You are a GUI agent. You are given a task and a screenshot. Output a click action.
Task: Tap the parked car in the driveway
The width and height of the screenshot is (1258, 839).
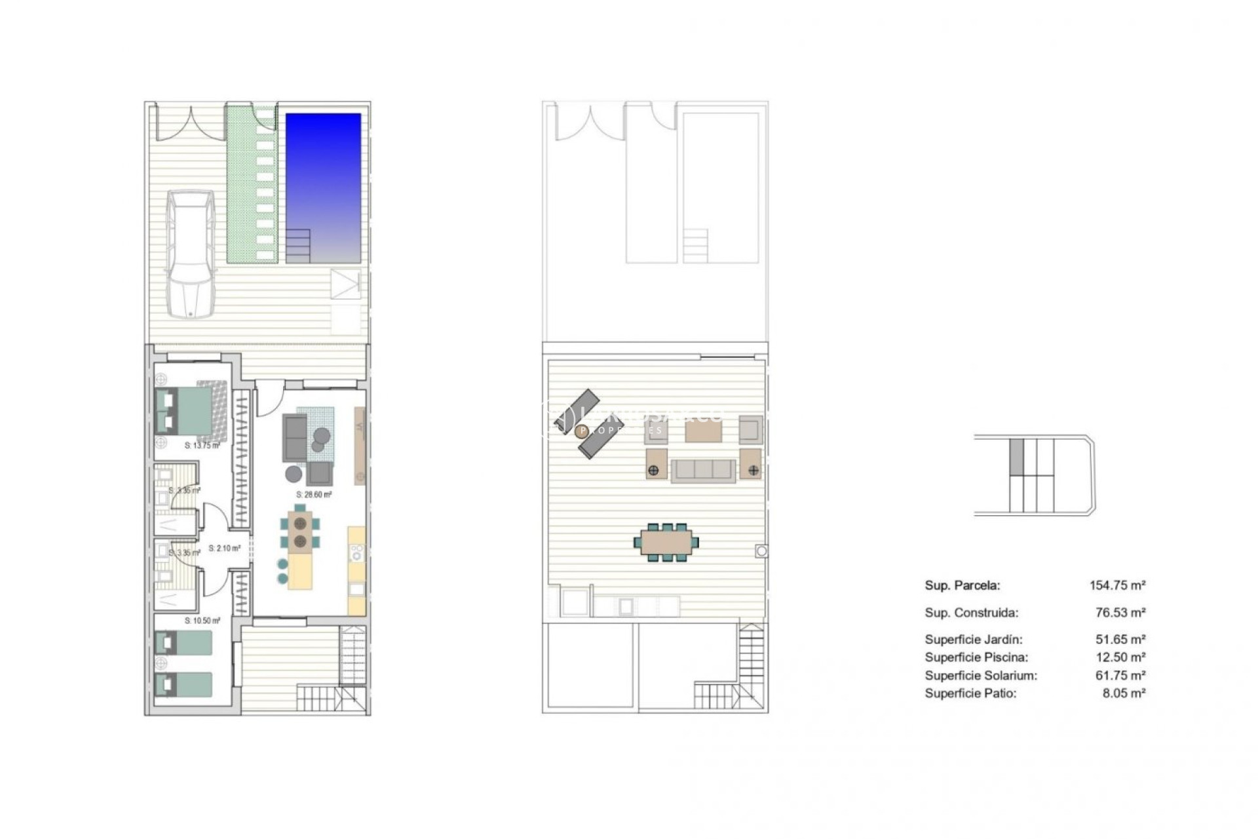click(x=189, y=254)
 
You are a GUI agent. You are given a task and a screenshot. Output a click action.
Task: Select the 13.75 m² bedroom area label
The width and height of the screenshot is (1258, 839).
click(x=202, y=446)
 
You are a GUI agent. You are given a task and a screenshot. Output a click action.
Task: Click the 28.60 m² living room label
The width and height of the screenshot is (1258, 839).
click(x=314, y=495)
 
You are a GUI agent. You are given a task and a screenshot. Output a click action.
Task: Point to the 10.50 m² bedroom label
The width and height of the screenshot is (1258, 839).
click(x=202, y=620)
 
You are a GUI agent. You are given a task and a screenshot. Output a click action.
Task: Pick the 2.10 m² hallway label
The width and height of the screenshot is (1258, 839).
click(x=224, y=549)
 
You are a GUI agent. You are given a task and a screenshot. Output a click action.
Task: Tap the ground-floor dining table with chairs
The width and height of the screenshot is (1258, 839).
click(x=301, y=532)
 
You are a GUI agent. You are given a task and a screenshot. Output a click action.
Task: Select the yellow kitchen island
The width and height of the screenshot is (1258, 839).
click(x=301, y=572)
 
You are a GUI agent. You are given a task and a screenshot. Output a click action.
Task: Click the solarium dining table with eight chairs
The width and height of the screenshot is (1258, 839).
click(x=666, y=542)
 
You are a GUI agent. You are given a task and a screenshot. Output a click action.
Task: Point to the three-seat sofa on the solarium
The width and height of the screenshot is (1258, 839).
click(x=704, y=470)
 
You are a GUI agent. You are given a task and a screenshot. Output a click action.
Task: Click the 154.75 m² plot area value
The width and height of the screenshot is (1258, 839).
click(x=1117, y=586)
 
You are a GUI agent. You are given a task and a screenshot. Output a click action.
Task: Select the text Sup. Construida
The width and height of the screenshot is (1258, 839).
click(x=971, y=614)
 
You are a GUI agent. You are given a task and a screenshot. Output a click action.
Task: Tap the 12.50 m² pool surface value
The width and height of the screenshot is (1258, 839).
click(x=1121, y=657)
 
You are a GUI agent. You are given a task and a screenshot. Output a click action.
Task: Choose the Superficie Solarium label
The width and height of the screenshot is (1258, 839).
click(x=981, y=676)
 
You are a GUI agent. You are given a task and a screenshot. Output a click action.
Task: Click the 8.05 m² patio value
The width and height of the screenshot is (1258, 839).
click(x=1124, y=693)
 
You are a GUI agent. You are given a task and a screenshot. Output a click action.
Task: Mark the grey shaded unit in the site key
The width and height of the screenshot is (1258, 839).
click(x=1016, y=457)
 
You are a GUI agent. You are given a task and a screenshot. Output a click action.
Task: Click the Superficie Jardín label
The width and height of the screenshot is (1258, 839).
click(x=974, y=640)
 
